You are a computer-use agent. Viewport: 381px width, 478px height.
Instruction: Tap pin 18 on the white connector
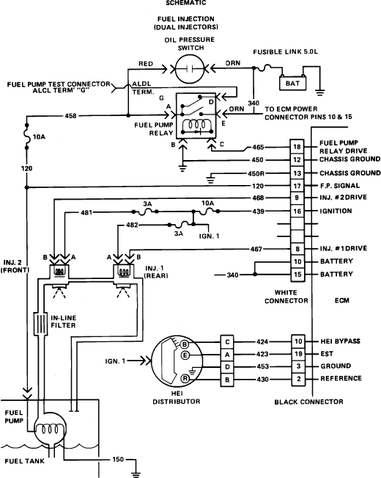coord(297,147)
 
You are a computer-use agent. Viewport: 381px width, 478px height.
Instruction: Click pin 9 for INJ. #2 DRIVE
coord(297,198)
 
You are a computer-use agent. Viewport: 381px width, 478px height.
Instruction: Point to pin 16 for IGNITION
coord(297,211)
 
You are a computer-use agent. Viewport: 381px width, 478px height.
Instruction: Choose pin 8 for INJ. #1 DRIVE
coord(297,249)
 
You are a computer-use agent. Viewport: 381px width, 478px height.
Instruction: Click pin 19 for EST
coord(298,353)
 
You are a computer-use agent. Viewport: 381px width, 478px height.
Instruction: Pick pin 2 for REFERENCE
coord(298,378)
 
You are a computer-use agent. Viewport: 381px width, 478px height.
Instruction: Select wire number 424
coord(262,341)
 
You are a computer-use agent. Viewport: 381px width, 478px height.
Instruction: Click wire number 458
coord(71,115)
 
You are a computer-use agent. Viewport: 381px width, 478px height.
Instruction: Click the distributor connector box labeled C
coord(228,341)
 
